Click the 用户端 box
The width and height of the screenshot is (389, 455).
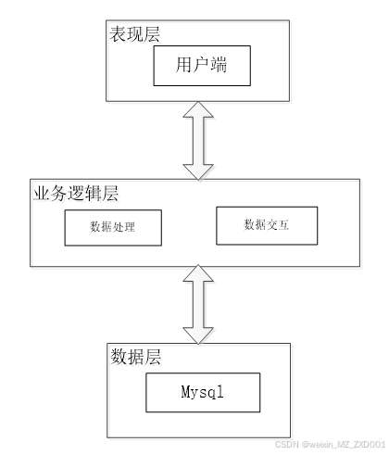(x=202, y=66)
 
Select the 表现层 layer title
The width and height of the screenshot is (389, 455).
(x=135, y=33)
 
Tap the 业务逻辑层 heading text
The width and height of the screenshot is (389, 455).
(x=76, y=194)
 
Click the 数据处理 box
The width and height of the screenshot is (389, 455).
(x=113, y=228)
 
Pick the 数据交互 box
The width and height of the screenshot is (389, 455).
(x=267, y=225)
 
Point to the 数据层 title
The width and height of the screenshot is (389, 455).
(x=136, y=357)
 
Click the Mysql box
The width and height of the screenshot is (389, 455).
(x=203, y=392)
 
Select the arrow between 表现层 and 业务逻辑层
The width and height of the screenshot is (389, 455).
(x=198, y=141)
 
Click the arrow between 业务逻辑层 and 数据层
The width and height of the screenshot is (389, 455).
(x=198, y=304)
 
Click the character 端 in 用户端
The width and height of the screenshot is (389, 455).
(x=219, y=65)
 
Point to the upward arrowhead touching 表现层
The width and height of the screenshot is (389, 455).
(x=198, y=109)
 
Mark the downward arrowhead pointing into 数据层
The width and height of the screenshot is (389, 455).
(x=198, y=335)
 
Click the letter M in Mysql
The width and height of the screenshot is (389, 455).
(x=185, y=391)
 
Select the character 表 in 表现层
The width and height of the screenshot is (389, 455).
(x=118, y=33)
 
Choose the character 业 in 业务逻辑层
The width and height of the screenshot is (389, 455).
(x=42, y=194)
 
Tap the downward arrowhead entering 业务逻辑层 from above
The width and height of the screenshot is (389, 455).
(x=198, y=172)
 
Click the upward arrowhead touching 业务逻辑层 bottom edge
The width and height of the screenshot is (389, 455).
(x=198, y=273)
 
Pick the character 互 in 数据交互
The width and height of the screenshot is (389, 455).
(x=283, y=224)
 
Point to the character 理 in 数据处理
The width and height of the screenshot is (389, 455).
(x=130, y=227)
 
